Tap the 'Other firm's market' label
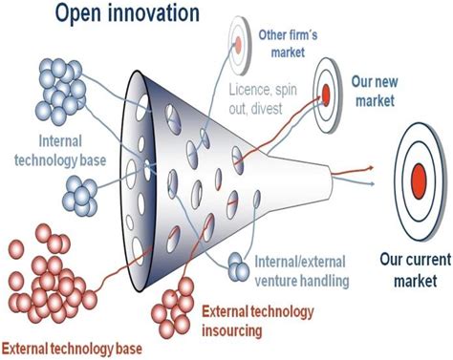click(x=284, y=41)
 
